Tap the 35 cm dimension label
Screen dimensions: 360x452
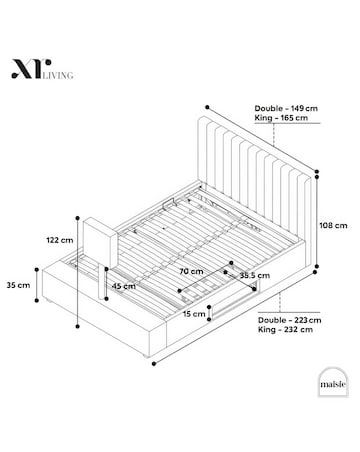17,285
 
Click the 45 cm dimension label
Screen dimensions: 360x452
123,287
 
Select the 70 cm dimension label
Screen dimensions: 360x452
190,270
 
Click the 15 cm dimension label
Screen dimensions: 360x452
194,313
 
